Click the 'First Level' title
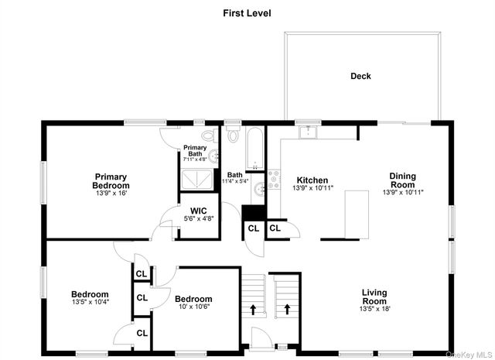(247, 12)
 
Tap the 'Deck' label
(360, 76)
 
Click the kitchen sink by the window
(309, 132)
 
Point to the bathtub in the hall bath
(254, 149)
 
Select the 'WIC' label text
(199, 210)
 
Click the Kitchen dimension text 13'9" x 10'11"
(313, 188)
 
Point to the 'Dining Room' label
(402, 180)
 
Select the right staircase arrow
(287, 310)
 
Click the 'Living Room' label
(374, 297)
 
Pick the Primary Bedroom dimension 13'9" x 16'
(111, 194)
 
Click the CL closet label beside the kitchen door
(275, 228)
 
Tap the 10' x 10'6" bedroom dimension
(193, 307)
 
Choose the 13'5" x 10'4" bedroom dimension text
(90, 303)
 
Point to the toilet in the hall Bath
(234, 136)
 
